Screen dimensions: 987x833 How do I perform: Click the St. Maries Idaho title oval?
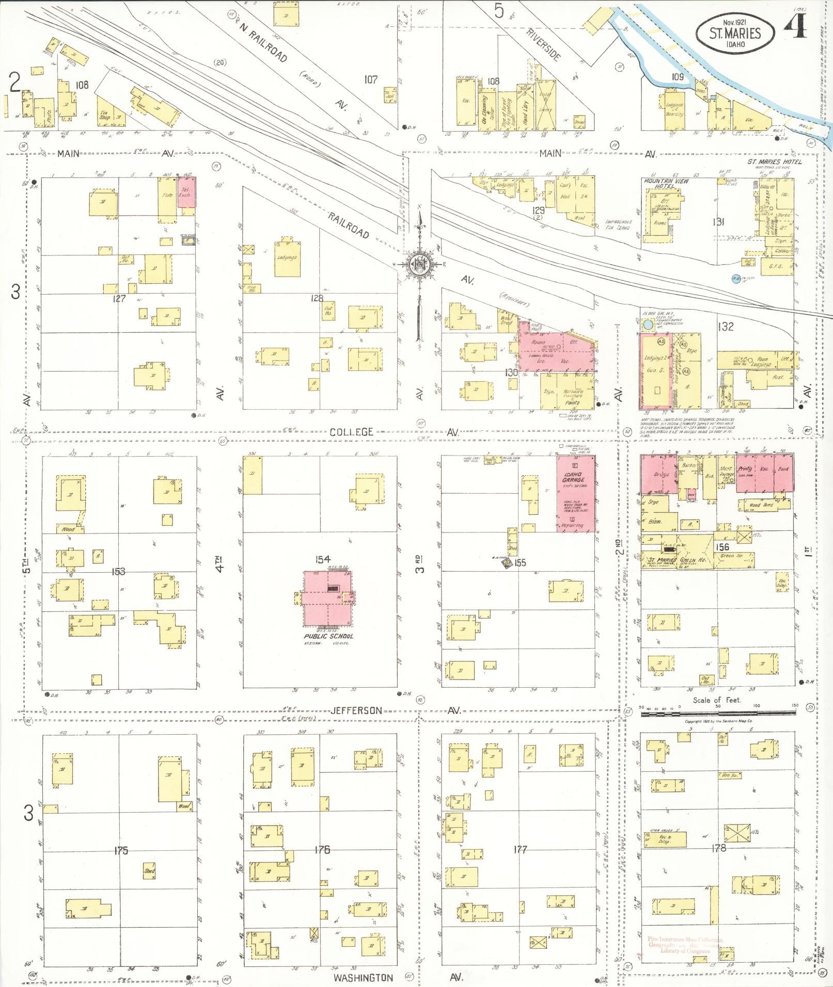735,34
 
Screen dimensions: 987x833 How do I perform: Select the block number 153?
118,571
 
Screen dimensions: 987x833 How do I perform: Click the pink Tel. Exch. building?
187,192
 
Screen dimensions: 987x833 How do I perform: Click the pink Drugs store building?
658,474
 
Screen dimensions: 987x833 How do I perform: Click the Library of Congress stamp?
685,945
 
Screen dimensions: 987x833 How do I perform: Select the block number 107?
371,79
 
